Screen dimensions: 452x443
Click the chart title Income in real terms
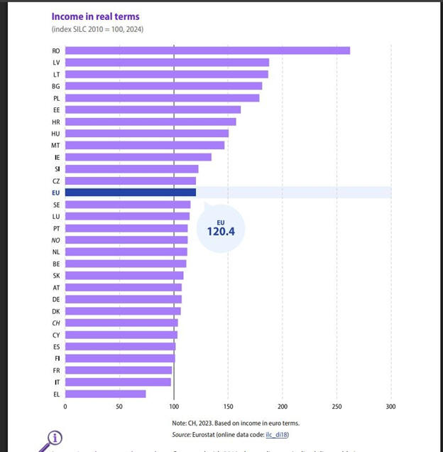pos(95,16)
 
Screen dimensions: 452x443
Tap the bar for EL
pos(106,394)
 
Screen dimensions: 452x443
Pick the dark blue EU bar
pos(131,192)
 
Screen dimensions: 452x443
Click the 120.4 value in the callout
pos(221,231)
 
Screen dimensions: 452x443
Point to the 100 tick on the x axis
pos(174,407)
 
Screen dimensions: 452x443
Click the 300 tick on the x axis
pos(390,407)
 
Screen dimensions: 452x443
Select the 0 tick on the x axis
pos(65,407)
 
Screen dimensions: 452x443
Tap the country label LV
pos(56,63)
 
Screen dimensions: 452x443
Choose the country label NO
pos(56,240)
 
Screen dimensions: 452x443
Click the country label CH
pos(56,323)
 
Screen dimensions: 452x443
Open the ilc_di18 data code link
pos(277,434)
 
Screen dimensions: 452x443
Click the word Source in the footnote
pos(182,434)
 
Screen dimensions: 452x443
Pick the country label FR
pos(56,370)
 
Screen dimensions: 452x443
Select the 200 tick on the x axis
pos(282,407)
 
